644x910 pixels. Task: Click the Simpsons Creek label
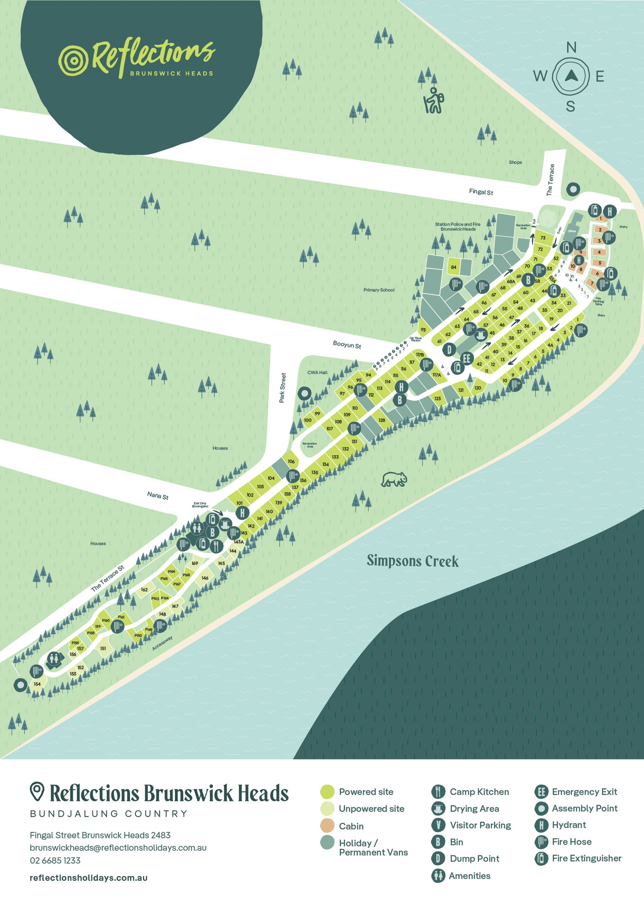coord(413,561)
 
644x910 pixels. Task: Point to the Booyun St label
coord(347,345)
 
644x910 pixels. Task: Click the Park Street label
coord(282,387)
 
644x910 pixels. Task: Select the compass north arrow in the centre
coord(571,76)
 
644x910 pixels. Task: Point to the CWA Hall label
coord(317,373)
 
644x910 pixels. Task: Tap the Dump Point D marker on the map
coord(449,350)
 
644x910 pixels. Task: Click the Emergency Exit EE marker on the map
coord(467,359)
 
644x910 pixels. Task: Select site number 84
coord(454,267)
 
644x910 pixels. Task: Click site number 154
coord(37,684)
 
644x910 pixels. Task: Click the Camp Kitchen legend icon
coord(438,792)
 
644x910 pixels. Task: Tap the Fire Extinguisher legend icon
coord(541,858)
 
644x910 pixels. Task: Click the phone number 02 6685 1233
coord(55,860)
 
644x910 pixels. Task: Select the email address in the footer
coord(118,848)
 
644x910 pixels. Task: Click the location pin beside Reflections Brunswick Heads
coord(37,791)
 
